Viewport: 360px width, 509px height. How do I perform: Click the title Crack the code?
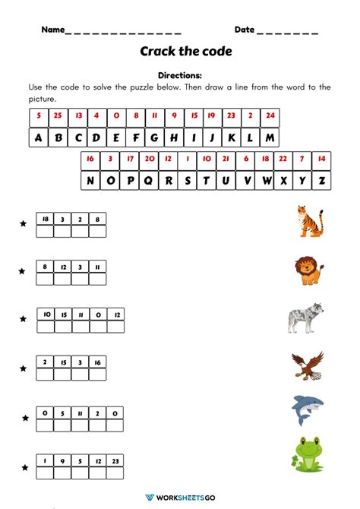coord(185,52)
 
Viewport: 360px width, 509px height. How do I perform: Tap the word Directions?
coord(180,76)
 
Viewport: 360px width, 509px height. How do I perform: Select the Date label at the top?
coord(244,30)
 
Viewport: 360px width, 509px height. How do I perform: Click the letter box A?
coord(38,138)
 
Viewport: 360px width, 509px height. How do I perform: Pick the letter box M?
coord(270,138)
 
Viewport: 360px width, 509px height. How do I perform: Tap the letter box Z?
coord(321,181)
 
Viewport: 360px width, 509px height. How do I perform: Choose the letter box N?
coord(90,181)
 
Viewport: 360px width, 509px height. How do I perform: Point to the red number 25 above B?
coord(57,117)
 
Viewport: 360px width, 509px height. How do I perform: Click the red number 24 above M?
coord(270,117)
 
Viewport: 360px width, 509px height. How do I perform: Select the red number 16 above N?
coord(90,159)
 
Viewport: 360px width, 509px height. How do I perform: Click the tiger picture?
coord(309,222)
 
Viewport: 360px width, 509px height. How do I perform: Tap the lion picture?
coord(308,270)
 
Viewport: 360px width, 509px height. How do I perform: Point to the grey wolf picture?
coord(306,318)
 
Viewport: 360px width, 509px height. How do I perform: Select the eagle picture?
coord(307,366)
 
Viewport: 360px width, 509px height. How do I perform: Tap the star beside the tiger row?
coord(23,224)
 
